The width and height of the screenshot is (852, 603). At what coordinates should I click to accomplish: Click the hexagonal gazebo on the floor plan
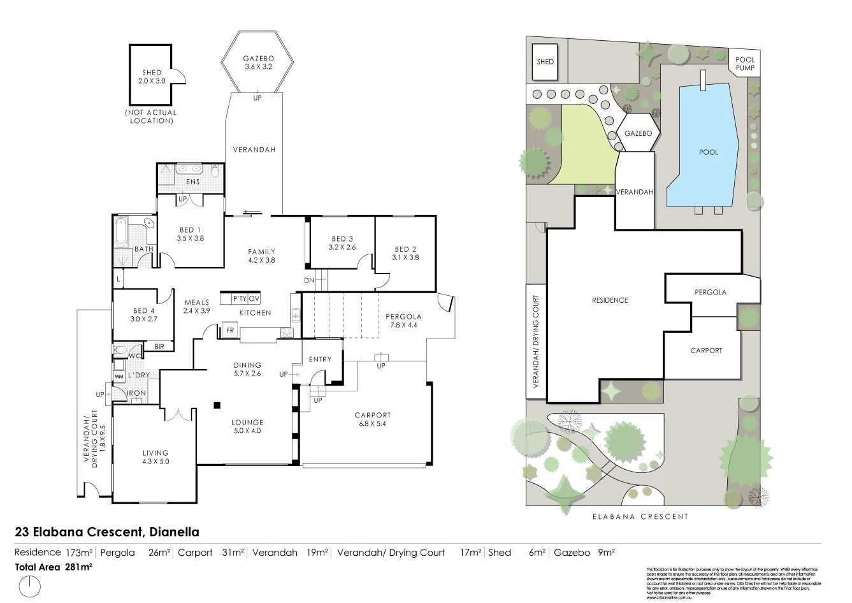[x=257, y=62]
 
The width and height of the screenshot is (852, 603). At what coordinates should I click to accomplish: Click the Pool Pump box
[x=744, y=62]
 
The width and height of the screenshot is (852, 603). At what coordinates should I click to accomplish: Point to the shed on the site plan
[x=545, y=62]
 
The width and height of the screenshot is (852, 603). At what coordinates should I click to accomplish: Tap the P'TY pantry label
[x=240, y=298]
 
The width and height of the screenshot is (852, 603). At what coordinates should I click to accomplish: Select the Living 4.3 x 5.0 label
[x=155, y=457]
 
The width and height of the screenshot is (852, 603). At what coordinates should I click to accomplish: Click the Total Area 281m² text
[x=54, y=567]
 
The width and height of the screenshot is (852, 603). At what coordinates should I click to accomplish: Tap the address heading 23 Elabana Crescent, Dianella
[x=107, y=532]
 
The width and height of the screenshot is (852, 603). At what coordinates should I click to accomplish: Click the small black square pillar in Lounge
[x=217, y=404]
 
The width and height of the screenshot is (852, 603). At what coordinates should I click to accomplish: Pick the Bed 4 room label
[x=143, y=314]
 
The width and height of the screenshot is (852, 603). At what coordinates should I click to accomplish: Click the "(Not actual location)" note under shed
[x=152, y=117]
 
